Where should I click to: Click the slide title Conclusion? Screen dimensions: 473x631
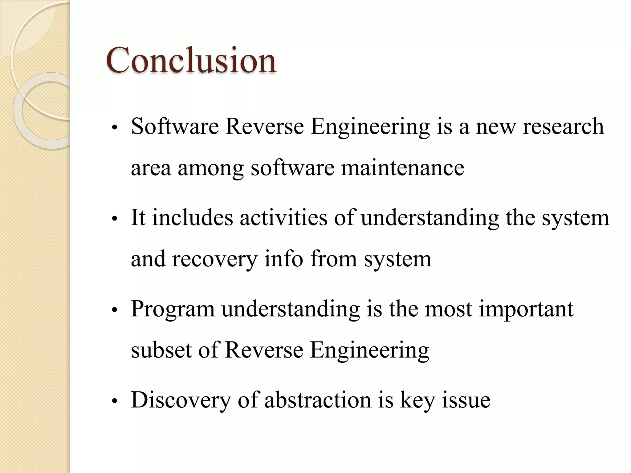(191, 60)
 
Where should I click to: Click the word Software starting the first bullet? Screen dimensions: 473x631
(175, 127)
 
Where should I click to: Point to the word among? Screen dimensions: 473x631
(211, 168)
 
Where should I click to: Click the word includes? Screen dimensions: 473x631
(193, 218)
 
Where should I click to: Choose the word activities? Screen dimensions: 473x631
(283, 218)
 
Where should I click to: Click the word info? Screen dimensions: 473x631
(283, 259)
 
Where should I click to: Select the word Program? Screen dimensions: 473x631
(173, 309)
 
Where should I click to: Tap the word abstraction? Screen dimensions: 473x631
(318, 400)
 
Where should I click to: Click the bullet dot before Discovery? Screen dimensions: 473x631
(115, 401)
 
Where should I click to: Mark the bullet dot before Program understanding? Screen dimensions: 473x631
(115, 310)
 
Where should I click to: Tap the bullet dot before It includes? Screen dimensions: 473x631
(115, 219)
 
